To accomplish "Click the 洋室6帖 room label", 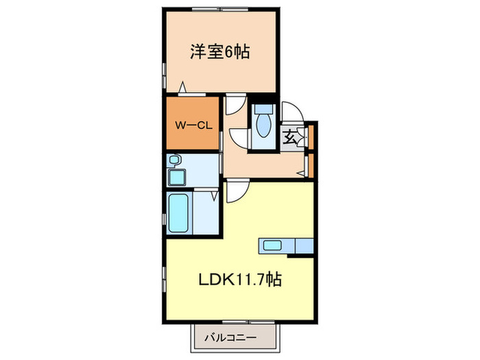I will [x=219, y=51].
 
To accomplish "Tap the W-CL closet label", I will [x=191, y=125].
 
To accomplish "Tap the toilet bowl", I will [x=263, y=126].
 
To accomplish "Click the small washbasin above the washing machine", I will [x=174, y=161].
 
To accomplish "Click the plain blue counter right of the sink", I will [x=302, y=245].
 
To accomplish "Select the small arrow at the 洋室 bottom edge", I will [x=182, y=87].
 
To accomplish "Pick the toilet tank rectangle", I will [x=263, y=109].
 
